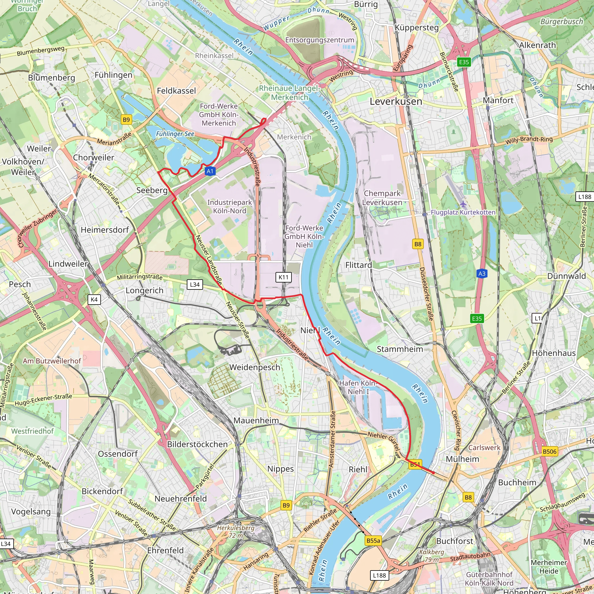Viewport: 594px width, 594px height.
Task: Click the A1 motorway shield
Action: [210, 171]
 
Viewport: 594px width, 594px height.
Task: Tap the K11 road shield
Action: [283, 277]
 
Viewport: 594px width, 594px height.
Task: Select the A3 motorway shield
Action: [482, 274]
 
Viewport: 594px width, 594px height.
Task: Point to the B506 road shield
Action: [549, 451]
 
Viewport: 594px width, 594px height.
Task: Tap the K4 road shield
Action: [94, 299]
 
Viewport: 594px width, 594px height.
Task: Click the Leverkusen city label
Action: [396, 102]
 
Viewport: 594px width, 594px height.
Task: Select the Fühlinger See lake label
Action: [175, 134]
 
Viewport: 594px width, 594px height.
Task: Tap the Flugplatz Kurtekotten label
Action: [463, 212]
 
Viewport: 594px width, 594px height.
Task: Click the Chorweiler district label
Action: [93, 157]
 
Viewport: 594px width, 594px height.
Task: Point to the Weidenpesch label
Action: [255, 367]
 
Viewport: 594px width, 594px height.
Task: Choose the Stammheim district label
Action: [400, 349]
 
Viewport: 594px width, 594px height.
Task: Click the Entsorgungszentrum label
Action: [319, 40]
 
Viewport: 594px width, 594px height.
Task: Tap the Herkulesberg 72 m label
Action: [236, 532]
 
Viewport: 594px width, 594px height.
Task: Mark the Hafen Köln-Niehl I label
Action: [358, 387]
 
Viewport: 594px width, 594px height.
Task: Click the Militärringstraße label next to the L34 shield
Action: [140, 277]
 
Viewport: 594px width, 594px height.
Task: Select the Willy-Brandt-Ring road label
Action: [529, 140]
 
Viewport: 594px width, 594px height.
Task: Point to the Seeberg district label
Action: [152, 190]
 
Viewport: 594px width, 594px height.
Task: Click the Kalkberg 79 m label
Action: [431, 555]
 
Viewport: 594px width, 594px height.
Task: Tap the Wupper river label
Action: [276, 23]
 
